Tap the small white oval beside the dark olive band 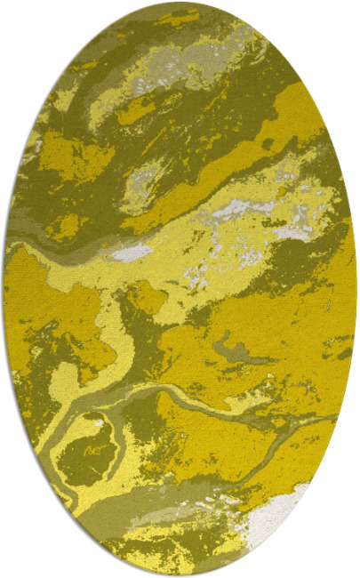(x=132, y=253)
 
